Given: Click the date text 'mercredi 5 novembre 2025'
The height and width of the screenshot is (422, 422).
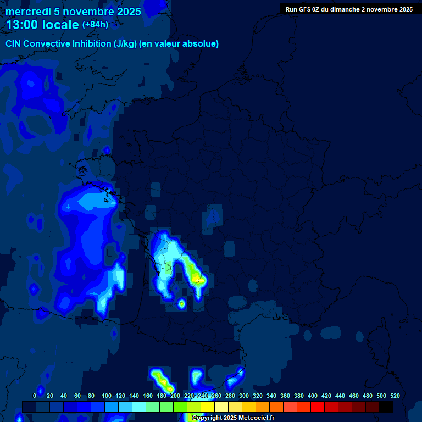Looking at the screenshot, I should [x=73, y=12].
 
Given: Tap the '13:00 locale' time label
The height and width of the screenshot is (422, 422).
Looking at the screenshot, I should [x=42, y=25].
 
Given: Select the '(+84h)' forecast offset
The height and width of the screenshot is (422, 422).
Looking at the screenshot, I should [x=95, y=25].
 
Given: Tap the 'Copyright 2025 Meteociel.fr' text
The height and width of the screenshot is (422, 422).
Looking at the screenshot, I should [x=232, y=418].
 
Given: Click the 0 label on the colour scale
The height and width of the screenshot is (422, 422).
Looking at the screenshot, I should [x=35, y=396].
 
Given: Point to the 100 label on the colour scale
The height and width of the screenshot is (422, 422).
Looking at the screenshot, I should [x=107, y=396].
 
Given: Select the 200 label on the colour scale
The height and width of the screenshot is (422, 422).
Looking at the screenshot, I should [x=175, y=396].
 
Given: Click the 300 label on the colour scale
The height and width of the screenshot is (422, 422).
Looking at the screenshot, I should [x=244, y=396].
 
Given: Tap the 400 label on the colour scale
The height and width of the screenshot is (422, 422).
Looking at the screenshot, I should [x=313, y=396].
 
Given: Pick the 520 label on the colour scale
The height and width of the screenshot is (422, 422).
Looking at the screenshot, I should [x=395, y=396].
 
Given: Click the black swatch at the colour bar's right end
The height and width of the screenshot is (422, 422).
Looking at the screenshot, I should [x=386, y=407].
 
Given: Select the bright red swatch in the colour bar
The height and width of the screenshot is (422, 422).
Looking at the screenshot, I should [x=318, y=407].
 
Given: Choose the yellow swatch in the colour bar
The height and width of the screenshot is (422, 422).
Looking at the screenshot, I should [x=208, y=407].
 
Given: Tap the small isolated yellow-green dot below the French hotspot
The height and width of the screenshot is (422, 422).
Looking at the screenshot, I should [x=181, y=303].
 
